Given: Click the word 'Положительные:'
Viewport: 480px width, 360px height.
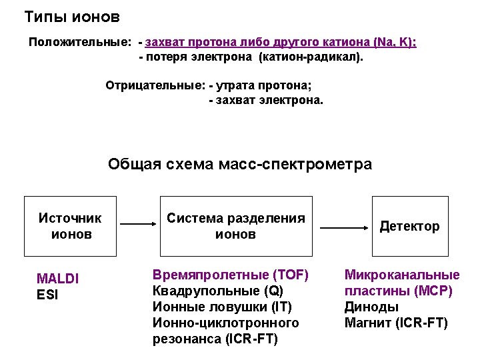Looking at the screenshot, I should [80, 43].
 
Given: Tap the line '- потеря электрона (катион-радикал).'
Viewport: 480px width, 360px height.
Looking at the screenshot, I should [251, 57].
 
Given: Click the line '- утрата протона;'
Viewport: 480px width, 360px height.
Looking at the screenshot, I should [260, 86].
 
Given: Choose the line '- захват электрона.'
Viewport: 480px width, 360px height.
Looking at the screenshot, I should [265, 101].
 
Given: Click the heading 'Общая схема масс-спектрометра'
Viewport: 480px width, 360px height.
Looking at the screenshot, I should [240, 164].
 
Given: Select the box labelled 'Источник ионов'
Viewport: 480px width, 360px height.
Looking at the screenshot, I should [71, 226].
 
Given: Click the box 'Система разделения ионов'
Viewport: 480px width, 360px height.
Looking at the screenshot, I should [236, 226].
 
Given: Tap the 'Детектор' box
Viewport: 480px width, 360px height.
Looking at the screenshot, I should [409, 226].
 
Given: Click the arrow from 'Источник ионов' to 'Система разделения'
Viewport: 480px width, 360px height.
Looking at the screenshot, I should [136, 225].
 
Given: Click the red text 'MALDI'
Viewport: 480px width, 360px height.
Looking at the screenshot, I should [58, 279].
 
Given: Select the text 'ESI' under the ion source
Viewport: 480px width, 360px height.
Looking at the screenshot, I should [47, 294].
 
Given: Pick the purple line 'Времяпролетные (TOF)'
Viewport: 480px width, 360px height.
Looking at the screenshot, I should [231, 275].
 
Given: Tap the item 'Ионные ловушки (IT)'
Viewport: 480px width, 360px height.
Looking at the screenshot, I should [223, 307].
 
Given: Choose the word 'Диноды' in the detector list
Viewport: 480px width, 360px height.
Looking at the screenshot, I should [371, 307].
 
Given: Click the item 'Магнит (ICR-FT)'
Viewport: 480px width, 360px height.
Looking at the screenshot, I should [396, 323].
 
